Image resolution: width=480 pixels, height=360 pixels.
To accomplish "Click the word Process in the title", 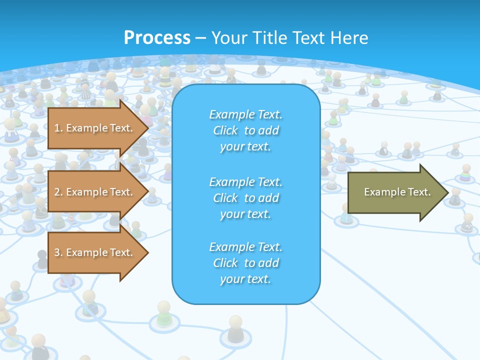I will (x=157, y=38).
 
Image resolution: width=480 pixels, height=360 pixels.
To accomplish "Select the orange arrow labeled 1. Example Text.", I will (x=95, y=128).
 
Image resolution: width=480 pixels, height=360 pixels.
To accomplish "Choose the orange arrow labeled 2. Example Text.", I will (x=95, y=192).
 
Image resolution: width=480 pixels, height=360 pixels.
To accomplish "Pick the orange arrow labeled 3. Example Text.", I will (x=95, y=252).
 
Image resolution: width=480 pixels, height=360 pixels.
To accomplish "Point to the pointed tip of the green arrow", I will (x=447, y=192).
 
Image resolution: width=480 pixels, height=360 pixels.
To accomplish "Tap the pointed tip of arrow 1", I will (x=147, y=128).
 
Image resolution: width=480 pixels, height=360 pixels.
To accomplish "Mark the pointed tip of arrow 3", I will (x=147, y=252).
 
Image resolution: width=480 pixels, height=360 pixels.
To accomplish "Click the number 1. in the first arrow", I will (x=58, y=128).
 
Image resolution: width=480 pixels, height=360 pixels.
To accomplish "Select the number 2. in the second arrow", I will (x=58, y=192).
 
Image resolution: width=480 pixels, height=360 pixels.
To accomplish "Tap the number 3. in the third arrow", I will (x=58, y=252).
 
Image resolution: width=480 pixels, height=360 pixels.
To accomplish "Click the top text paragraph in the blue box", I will (x=245, y=130).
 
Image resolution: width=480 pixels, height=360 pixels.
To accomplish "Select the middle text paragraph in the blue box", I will (x=245, y=198).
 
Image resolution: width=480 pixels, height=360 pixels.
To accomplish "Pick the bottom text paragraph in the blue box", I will (x=245, y=263).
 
